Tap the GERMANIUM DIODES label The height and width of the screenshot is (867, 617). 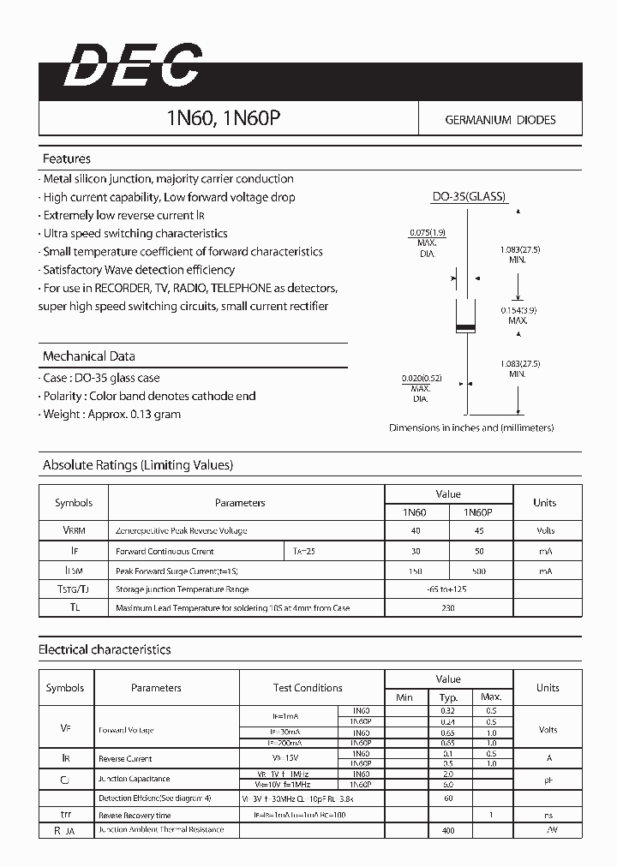tap(500, 120)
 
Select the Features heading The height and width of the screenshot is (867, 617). tap(67, 158)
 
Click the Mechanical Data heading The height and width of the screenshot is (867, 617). tap(89, 356)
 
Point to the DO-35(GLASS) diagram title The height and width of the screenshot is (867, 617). tap(468, 196)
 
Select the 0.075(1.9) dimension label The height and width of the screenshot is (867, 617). tap(427, 233)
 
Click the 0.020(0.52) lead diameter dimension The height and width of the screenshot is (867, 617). tap(420, 378)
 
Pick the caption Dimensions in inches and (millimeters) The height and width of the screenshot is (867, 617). tap(471, 428)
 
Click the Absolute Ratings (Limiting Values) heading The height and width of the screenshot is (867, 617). tap(138, 465)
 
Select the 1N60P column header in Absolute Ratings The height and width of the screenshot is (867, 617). tap(477, 512)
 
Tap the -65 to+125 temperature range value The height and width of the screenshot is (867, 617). tap(447, 589)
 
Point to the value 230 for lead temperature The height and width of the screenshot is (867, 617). tap(447, 608)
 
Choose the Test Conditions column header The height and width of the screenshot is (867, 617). tap(308, 688)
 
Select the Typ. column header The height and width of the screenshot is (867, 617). tap(448, 697)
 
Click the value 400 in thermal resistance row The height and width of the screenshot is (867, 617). tap(447, 830)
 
